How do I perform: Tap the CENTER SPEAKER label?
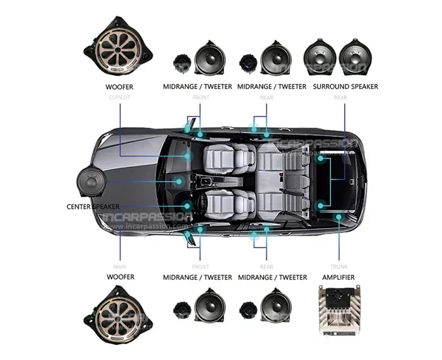pyautogui.click(x=93, y=207)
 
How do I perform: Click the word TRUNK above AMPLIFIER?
pyautogui.click(x=338, y=267)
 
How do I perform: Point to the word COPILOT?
pyautogui.click(x=119, y=97)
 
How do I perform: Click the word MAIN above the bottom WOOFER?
pyautogui.click(x=119, y=267)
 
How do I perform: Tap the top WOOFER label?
pyautogui.click(x=119, y=86)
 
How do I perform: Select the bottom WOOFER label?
pyautogui.click(x=119, y=277)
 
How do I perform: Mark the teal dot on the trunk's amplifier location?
pyautogui.click(x=339, y=217)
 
